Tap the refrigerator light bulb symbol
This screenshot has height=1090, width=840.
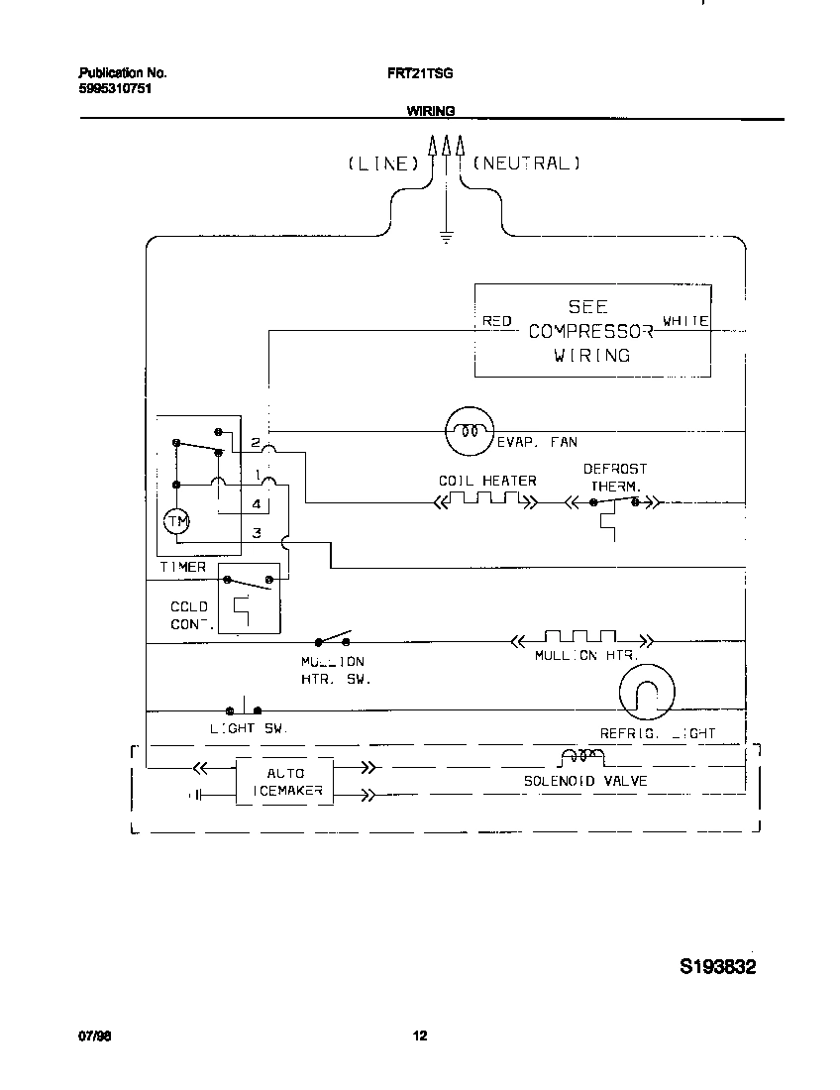646,692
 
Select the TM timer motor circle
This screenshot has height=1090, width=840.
175,521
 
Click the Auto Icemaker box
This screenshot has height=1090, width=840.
285,782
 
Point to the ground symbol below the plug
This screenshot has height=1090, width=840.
446,237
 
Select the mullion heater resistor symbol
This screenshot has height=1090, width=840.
579,641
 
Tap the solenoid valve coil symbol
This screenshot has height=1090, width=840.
582,758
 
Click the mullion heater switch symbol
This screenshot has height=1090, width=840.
334,639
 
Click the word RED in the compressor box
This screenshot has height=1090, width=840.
496,321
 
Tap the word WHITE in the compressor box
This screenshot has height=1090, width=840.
685,321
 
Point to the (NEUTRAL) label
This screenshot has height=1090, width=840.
526,163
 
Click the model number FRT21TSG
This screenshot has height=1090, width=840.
420,73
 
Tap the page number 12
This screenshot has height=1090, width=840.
420,1036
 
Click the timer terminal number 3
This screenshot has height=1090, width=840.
256,533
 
